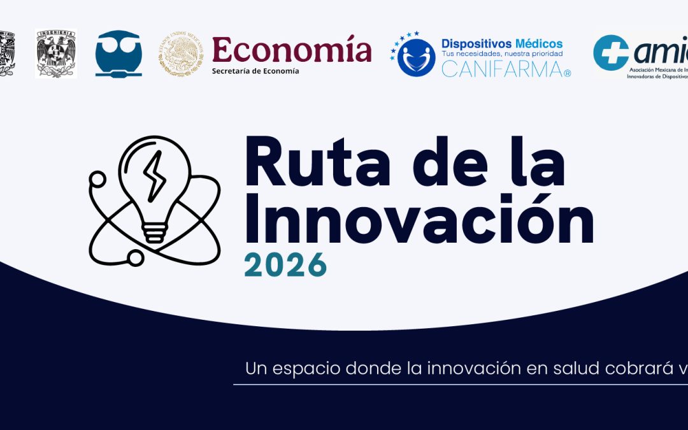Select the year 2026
tap(285, 264)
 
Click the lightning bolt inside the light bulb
tap(154, 176)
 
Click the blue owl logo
tap(118, 54)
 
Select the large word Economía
tap(291, 49)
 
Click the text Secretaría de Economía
tap(255, 71)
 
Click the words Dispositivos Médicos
tap(502, 43)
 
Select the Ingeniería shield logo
tap(56, 54)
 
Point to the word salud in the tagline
tap(569, 368)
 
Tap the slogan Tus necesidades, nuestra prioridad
tap(502, 54)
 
